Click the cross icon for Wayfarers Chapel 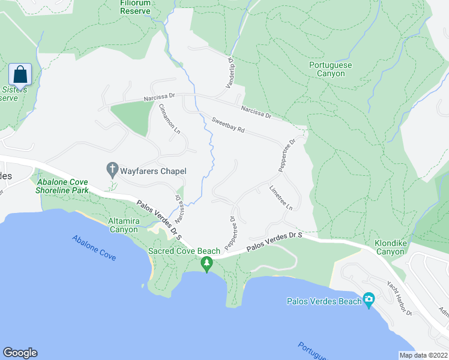[112, 170]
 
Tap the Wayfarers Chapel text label [153, 171]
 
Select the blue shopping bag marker [20, 75]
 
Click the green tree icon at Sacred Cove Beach [206, 263]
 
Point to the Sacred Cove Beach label [185, 251]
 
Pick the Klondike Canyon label [390, 247]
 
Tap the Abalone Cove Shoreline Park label [62, 186]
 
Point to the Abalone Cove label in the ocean [94, 247]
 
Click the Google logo [20, 353]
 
